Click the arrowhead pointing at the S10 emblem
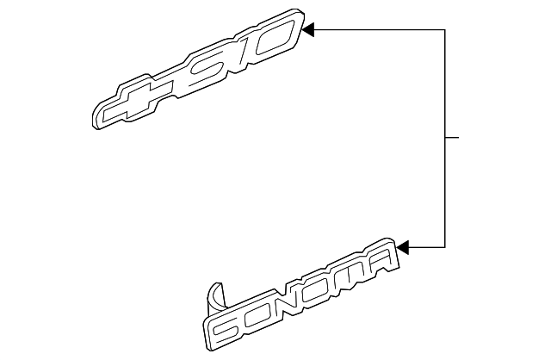[x=311, y=30]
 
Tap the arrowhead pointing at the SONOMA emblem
[x=404, y=249]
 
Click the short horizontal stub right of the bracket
[x=453, y=138]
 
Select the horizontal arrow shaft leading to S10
[x=379, y=30]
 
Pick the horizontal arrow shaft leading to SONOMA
[x=426, y=249]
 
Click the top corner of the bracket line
[x=444, y=30]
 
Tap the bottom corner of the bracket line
[x=444, y=249]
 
